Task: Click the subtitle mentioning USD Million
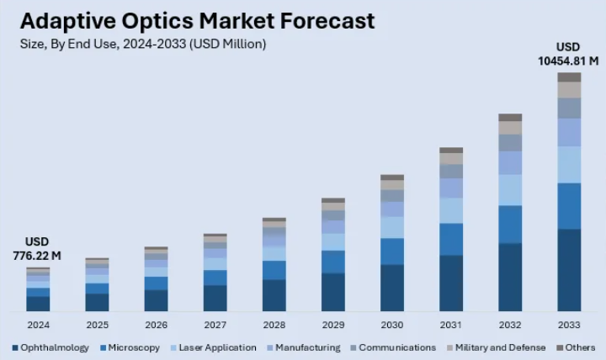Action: [142, 44]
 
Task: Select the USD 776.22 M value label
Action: [37, 248]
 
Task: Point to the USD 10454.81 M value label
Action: [568, 53]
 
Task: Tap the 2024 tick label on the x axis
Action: [38, 325]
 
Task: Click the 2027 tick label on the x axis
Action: [215, 325]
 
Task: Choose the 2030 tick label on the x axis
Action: [392, 325]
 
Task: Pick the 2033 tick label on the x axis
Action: [569, 325]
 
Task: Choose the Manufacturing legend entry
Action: [306, 347]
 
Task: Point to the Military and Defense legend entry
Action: [497, 347]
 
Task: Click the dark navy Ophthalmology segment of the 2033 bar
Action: [569, 270]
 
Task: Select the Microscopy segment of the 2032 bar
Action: [510, 224]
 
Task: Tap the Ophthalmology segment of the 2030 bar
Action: [392, 288]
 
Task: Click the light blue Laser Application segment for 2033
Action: [569, 164]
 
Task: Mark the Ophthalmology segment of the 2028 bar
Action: [274, 295]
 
